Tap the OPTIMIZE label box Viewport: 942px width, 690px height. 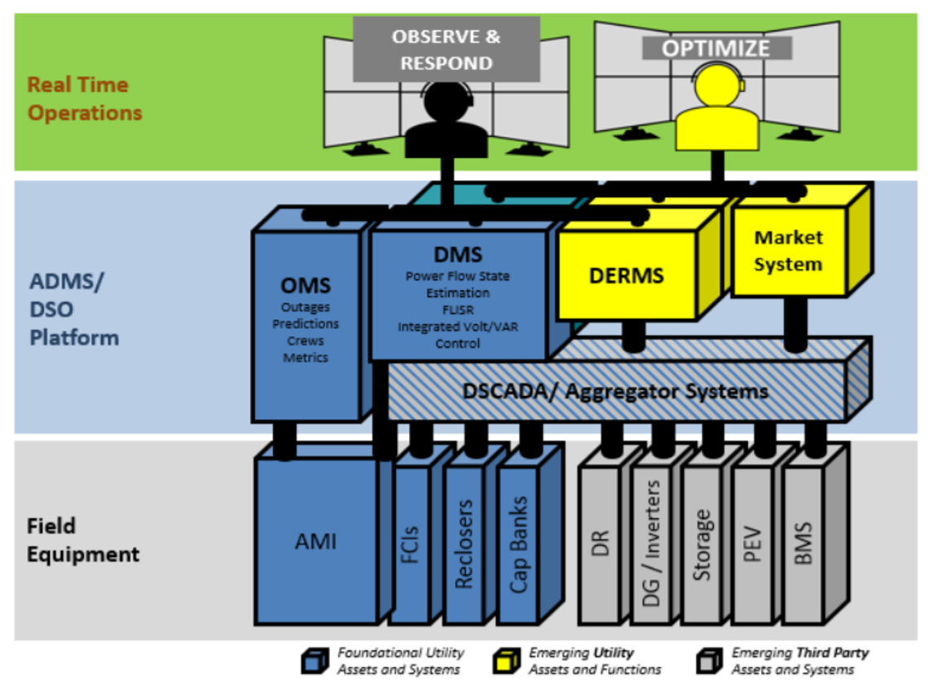point(715,47)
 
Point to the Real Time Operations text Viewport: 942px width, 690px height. point(85,99)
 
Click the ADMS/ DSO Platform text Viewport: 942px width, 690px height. point(74,310)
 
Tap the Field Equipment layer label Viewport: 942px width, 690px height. point(83,540)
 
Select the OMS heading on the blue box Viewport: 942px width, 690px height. point(306,285)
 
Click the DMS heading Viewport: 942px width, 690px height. point(458,255)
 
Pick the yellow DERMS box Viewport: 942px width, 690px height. point(626,275)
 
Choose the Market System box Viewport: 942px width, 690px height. point(788,251)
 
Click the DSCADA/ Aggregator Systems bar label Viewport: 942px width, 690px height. point(615,391)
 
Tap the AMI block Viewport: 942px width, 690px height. point(316,540)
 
